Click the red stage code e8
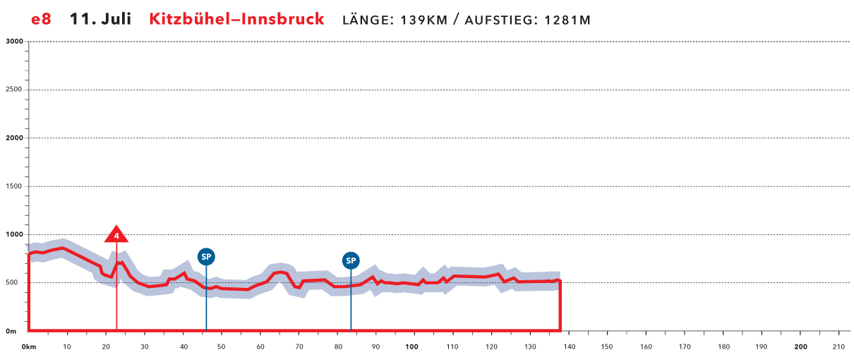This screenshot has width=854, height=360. [x=41, y=19]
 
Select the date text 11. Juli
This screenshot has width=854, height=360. [x=100, y=19]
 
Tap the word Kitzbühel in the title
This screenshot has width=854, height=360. [x=191, y=19]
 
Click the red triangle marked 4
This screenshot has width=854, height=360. [x=116, y=235]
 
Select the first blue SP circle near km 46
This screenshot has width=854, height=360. [x=206, y=257]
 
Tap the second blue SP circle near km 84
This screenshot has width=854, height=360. [x=351, y=260]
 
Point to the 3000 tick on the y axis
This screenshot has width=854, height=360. [x=15, y=42]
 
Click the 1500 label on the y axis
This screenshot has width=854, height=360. [x=15, y=186]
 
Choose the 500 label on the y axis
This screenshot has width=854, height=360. [x=17, y=283]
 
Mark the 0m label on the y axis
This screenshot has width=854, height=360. [x=12, y=331]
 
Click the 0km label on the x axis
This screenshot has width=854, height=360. [x=29, y=347]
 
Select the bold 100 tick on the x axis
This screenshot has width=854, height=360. [x=412, y=347]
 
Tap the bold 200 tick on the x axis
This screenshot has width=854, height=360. [x=800, y=347]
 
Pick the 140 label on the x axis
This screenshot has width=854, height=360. [x=568, y=347]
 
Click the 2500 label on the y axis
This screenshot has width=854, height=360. [x=15, y=90]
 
